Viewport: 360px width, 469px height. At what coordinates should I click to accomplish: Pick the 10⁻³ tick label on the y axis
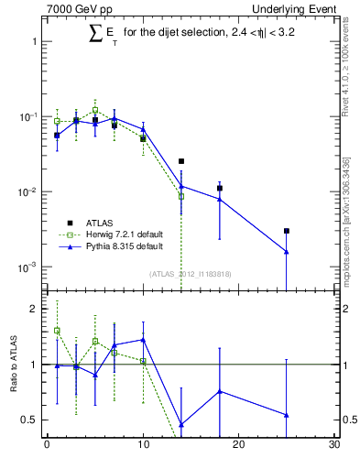28,267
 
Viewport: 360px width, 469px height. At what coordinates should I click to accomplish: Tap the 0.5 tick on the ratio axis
29,420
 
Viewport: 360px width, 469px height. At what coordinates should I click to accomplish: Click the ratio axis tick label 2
34,310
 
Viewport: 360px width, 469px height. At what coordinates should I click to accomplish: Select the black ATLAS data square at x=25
287,231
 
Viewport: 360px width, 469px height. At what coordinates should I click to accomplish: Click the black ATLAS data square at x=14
181,161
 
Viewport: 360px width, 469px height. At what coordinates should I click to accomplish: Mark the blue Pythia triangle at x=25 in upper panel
287,252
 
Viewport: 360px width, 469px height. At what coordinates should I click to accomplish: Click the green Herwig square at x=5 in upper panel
95,110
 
